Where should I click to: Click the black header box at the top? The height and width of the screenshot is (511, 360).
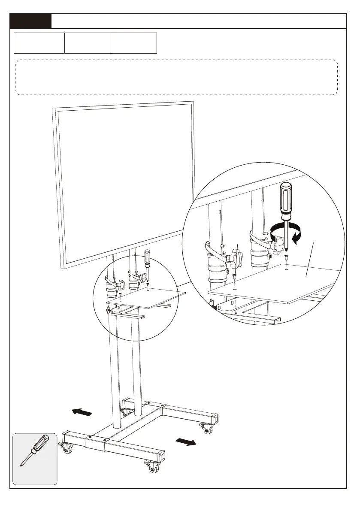pyautogui.click(x=31, y=21)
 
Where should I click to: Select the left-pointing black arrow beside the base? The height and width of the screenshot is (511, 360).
pyautogui.click(x=82, y=412)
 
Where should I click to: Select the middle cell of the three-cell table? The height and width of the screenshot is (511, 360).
pyautogui.click(x=88, y=43)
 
